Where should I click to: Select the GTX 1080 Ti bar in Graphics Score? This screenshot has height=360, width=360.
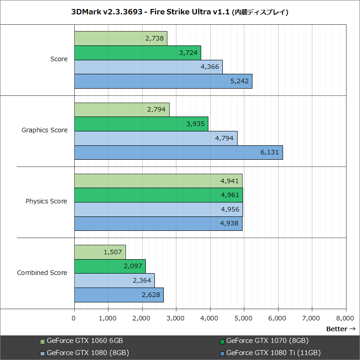178,152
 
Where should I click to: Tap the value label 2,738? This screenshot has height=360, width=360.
155,38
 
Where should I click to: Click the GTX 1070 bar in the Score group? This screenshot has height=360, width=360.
137,53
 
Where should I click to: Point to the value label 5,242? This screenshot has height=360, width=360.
239,81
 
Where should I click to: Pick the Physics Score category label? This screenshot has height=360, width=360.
46,201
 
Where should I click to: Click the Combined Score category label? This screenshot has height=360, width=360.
42,273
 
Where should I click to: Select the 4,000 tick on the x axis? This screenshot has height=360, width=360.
210,318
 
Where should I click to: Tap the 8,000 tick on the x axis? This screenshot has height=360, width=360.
346,318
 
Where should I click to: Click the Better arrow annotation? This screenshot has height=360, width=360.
341,329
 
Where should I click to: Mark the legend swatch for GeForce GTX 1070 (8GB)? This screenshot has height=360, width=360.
222,341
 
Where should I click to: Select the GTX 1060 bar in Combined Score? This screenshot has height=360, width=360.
100,252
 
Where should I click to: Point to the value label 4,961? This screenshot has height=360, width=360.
229,195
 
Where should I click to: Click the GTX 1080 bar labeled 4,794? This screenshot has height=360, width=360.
156,138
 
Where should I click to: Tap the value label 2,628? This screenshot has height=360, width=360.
151,295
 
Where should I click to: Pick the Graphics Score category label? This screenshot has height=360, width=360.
45,130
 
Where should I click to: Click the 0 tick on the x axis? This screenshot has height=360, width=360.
74,318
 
